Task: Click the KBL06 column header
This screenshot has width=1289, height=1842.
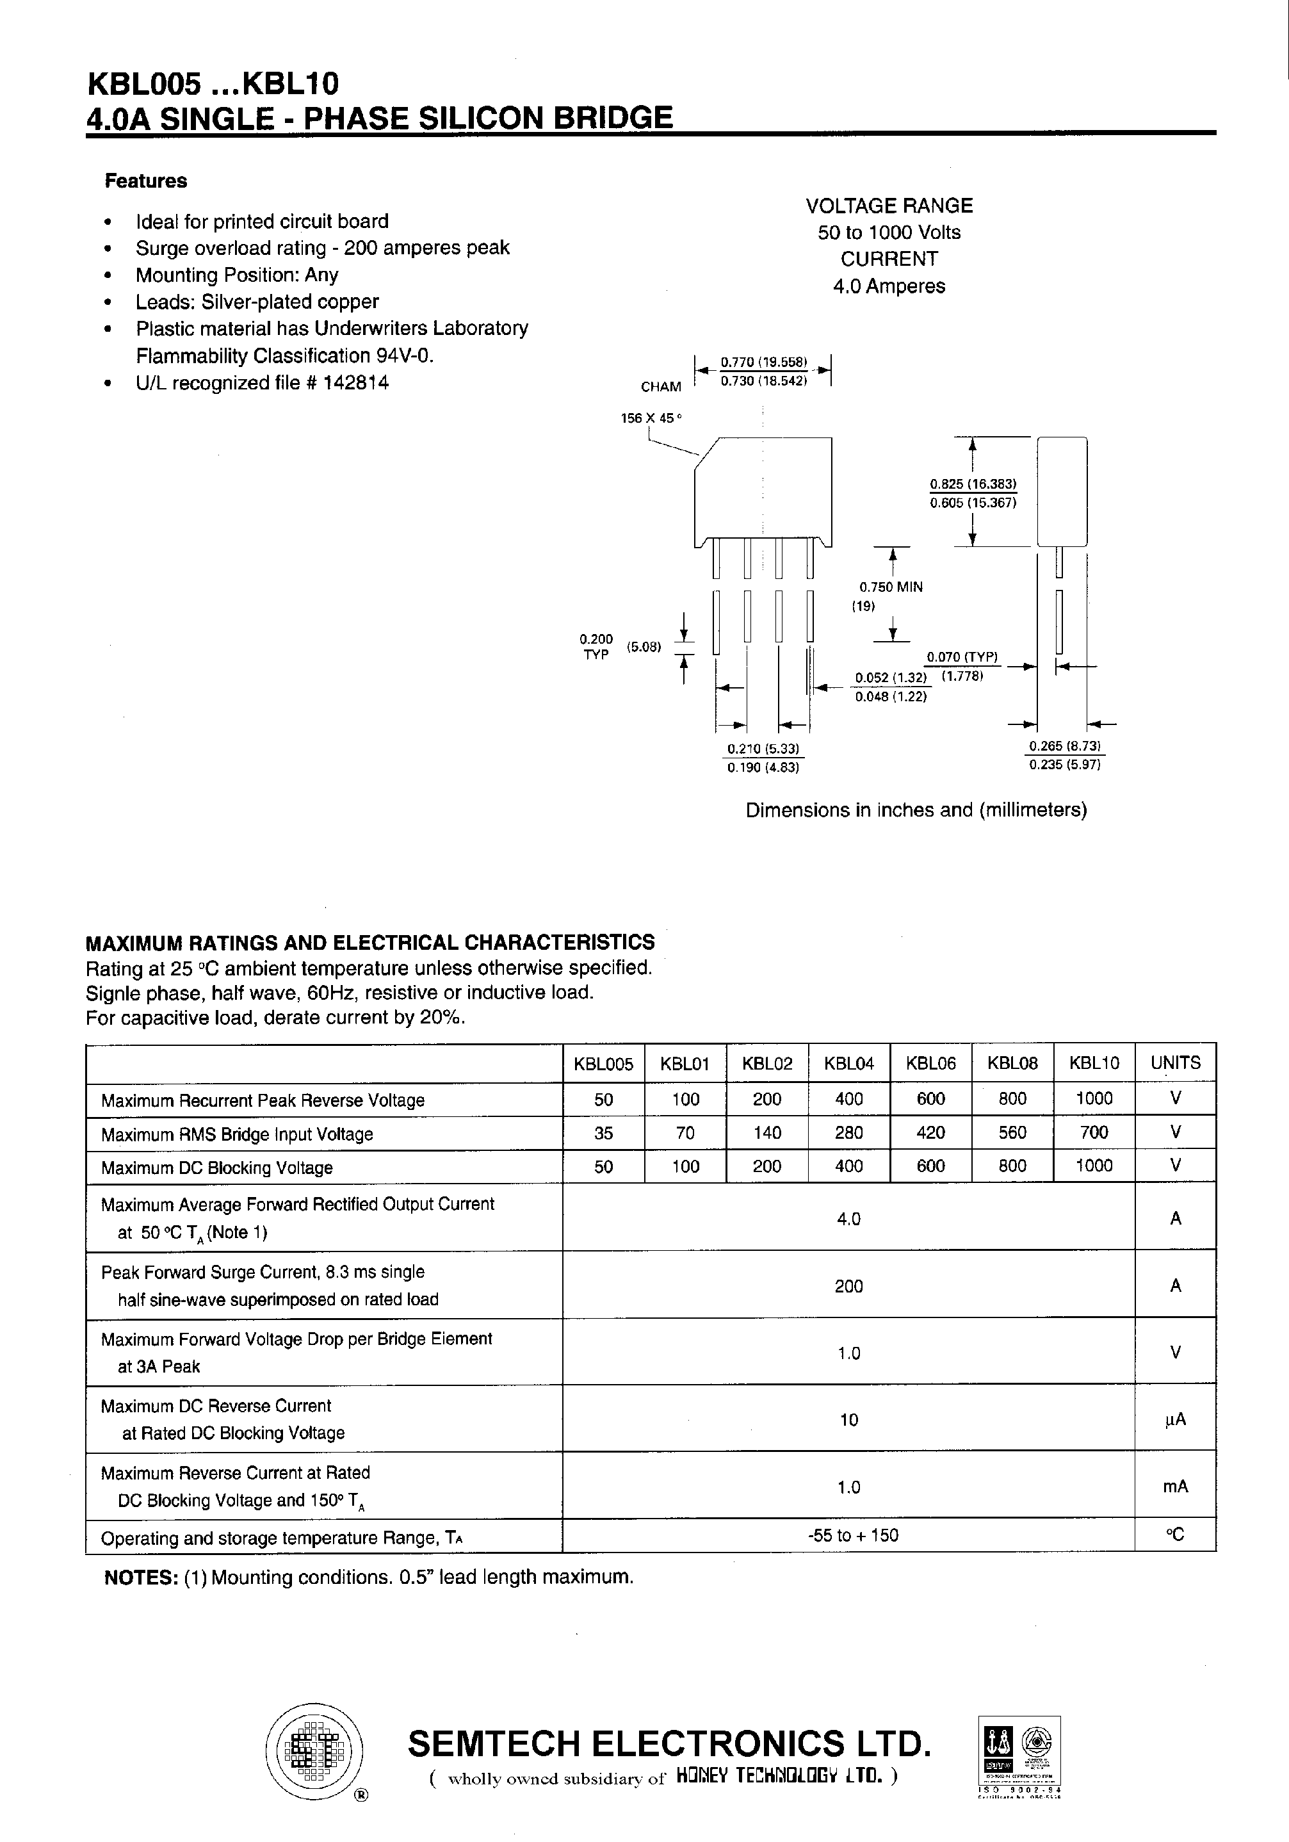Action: point(930,1063)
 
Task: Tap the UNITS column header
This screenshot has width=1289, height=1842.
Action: point(1175,1063)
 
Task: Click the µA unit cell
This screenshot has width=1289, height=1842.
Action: point(1175,1420)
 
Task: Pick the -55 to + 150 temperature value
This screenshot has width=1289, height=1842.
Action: point(853,1535)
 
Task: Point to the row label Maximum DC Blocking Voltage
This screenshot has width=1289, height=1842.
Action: point(216,1168)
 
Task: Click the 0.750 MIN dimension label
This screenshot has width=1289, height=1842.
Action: point(891,587)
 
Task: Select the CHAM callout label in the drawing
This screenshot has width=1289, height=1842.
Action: point(661,387)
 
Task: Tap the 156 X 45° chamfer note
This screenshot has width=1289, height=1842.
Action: point(651,418)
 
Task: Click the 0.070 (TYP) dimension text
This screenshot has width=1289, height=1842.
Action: point(962,657)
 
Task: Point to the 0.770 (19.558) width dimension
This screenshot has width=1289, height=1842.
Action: point(763,362)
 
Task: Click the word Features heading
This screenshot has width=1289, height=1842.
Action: point(145,181)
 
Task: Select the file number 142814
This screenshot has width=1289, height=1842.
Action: point(356,382)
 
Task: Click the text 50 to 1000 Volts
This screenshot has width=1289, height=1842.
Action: point(889,232)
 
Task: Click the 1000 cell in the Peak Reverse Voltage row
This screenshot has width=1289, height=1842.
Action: point(1093,1098)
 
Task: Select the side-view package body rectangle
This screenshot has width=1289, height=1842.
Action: point(1061,491)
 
